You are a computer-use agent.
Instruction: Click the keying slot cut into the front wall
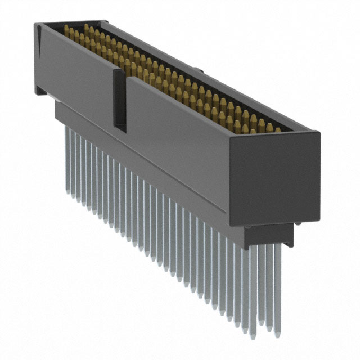point(119,101)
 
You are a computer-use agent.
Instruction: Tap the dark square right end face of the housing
point(275,175)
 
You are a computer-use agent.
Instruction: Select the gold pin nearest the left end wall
point(67,32)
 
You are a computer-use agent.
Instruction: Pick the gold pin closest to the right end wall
point(277,129)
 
